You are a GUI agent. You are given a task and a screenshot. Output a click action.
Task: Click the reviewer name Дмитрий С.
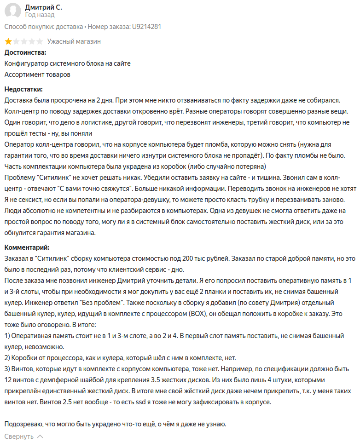point(43,7)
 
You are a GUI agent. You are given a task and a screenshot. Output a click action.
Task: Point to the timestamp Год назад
point(39,15)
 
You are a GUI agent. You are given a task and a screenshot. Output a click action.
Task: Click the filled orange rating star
point(8,41)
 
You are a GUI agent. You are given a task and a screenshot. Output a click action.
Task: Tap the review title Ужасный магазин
point(74,41)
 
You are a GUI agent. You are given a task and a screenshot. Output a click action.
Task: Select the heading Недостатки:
point(23,89)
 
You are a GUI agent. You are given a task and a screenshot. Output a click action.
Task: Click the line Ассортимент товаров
point(37,74)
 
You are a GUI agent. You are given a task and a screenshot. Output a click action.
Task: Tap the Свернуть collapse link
point(19,436)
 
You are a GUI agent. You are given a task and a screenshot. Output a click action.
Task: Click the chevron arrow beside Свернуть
point(40,436)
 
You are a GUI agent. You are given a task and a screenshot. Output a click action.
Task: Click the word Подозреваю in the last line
point(24,424)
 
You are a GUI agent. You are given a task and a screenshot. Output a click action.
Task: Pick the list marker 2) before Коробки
point(7,357)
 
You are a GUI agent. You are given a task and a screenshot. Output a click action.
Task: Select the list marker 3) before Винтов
point(7,368)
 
